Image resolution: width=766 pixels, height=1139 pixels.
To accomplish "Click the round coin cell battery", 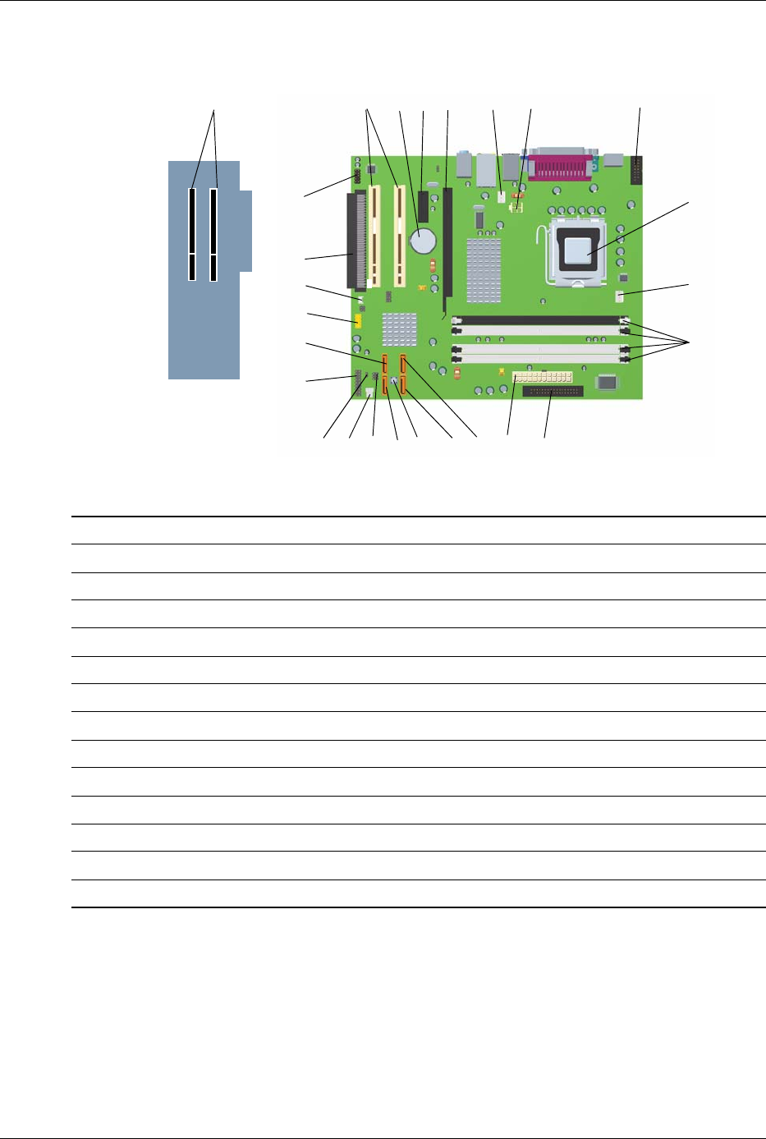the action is click(424, 241).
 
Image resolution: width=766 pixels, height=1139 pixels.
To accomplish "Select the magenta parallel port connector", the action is click(565, 168).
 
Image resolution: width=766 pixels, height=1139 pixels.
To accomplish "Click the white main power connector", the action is click(541, 377).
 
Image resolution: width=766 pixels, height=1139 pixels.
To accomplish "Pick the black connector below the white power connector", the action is click(552, 392).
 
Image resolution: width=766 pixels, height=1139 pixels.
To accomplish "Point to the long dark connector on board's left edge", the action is click(358, 240).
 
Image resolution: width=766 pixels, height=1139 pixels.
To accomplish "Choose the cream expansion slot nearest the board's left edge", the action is click(375, 236).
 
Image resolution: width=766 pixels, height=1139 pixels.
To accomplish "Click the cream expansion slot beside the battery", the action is click(400, 236).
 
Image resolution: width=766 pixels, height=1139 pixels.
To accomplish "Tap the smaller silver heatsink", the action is click(399, 328).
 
